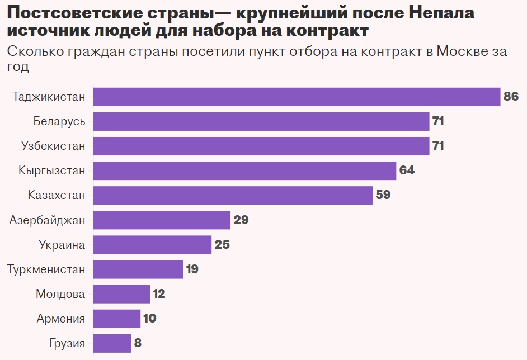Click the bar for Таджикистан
click(x=296, y=97)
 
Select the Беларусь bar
click(x=261, y=121)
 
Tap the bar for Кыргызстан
click(x=244, y=170)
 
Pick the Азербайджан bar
click(x=162, y=220)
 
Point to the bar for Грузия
click(x=112, y=343)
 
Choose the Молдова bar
click(x=121, y=294)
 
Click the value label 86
click(x=511, y=97)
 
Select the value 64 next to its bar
click(x=407, y=170)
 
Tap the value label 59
click(x=383, y=196)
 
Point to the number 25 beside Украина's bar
click(x=222, y=245)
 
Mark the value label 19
click(x=192, y=269)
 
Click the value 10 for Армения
click(x=149, y=319)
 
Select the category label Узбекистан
click(x=53, y=146)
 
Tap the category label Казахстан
click(x=57, y=195)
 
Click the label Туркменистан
click(x=46, y=269)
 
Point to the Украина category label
click(x=62, y=245)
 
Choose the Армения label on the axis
click(x=61, y=319)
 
